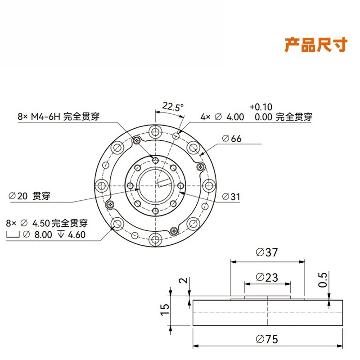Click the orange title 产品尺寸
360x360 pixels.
pos(316,45)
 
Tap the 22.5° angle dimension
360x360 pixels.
pos(173,107)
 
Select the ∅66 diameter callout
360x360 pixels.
pos(232,139)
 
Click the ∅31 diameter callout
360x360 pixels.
pos(231,197)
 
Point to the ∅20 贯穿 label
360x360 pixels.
pos(29,196)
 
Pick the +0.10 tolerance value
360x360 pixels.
pos(261,107)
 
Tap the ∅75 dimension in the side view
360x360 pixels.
pos(267,339)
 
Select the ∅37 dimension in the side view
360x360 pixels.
pos(266,252)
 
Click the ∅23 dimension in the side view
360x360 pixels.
pos(267,277)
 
